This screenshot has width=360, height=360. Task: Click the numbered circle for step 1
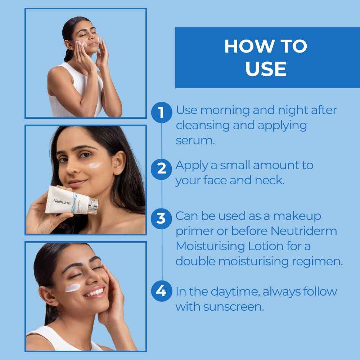[x=162, y=112]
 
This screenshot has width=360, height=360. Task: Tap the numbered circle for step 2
[x=161, y=169]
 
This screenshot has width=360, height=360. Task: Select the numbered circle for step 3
[x=161, y=219]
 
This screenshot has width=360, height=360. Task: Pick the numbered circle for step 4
[x=161, y=291]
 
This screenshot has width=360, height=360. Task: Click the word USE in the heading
[x=266, y=69]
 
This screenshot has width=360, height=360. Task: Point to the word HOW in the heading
[x=247, y=46]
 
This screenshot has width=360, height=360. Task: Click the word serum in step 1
[x=195, y=140]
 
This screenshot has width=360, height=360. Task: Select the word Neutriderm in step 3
[x=304, y=231]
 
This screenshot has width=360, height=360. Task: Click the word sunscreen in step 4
[x=234, y=307]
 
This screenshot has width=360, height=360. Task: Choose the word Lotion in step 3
[x=266, y=246]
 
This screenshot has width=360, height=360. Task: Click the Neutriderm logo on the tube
[x=62, y=202]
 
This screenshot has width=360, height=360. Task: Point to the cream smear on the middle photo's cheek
[x=95, y=165]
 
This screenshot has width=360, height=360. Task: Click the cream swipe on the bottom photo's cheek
[x=72, y=287]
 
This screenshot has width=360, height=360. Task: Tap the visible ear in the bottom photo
[x=46, y=297]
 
